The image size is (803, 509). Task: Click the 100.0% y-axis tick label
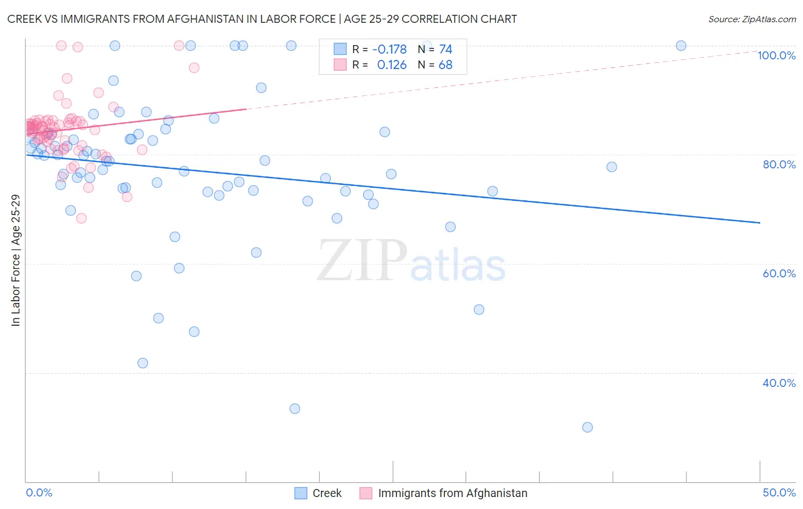tap(776, 55)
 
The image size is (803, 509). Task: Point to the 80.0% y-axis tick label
tap(779, 164)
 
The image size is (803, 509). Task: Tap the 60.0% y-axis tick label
tap(779, 273)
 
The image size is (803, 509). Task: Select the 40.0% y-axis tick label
tap(779, 383)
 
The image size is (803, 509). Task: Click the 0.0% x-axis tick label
tap(39, 492)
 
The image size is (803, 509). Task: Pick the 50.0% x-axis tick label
tap(779, 492)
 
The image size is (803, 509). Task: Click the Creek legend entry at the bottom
tap(327, 493)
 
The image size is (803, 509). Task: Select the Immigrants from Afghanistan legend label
tap(452, 493)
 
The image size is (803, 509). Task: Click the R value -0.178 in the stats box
tap(389, 50)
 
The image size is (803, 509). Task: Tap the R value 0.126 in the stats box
tap(392, 65)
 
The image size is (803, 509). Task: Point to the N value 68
tap(445, 65)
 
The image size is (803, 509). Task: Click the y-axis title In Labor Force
tap(16, 260)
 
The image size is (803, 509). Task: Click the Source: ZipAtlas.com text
tap(752, 19)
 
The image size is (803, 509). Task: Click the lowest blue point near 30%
tap(587, 427)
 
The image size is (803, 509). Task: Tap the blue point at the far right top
tap(681, 46)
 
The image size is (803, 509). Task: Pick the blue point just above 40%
tap(143, 363)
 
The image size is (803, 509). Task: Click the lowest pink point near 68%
tap(81, 218)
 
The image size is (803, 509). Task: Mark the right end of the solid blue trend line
tap(760, 223)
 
